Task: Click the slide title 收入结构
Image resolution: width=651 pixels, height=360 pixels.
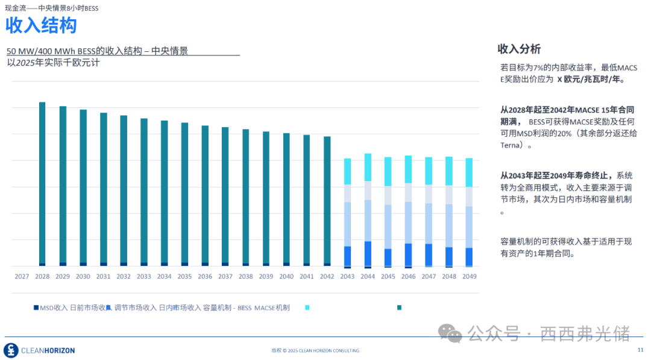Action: point(41,26)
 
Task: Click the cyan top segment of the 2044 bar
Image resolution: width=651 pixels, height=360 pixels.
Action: point(368,167)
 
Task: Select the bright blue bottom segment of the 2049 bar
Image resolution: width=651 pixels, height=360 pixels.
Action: point(469,256)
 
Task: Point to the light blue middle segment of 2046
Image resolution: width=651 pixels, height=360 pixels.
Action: point(408,222)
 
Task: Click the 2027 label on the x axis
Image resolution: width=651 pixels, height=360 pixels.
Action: point(22,277)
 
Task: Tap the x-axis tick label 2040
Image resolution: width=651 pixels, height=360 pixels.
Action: point(286,277)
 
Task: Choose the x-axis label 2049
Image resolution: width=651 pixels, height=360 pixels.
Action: point(469,277)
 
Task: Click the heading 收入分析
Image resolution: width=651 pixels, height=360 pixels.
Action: point(518,49)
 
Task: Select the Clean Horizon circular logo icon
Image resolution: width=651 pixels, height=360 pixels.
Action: point(11,350)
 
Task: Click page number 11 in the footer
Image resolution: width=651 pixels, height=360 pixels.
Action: point(640,350)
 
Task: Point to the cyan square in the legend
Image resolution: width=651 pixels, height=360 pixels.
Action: point(307,308)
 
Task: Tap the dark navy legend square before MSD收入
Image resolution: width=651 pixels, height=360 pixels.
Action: point(36,308)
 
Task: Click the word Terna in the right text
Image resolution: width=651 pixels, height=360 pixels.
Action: point(510,145)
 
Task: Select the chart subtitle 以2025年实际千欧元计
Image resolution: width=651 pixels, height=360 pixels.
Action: point(53,63)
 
